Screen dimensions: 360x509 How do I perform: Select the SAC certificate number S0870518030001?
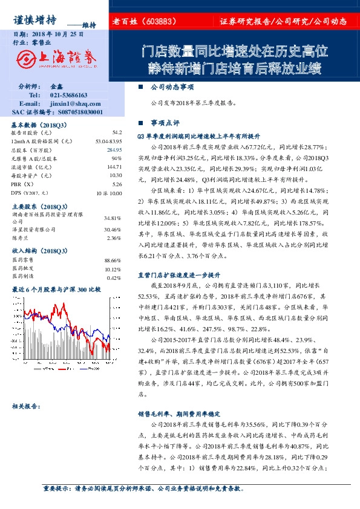pos(74,112)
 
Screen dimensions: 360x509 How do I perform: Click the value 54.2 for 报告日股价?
pos(117,132)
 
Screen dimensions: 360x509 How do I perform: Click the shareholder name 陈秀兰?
pos(21,238)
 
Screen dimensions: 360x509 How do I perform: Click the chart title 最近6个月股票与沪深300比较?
pos(56,290)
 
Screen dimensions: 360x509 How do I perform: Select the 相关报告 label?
pos(25,406)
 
